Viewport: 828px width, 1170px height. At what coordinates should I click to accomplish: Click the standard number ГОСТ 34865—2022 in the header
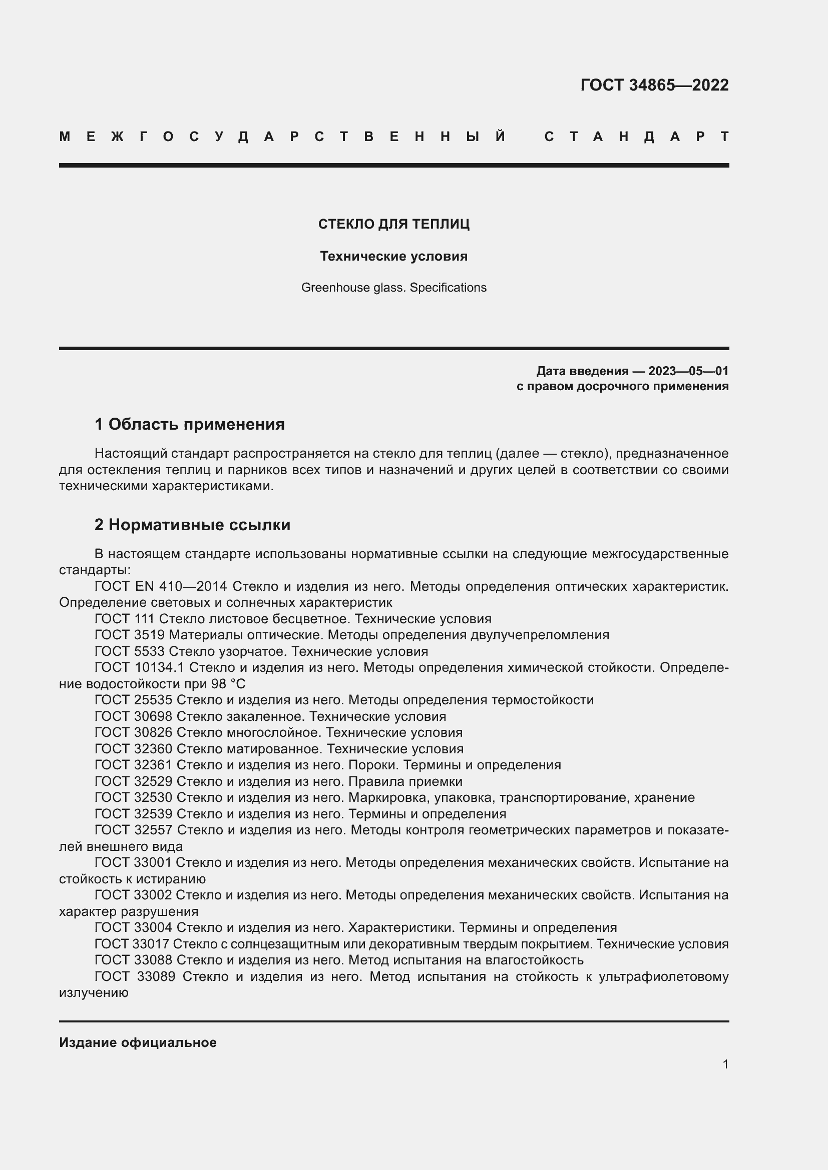(654, 85)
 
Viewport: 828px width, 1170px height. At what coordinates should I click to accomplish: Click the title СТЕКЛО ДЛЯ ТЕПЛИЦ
(393, 224)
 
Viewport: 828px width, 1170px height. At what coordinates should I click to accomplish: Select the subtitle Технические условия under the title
(393, 256)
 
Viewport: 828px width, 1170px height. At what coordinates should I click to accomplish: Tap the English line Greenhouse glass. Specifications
(393, 288)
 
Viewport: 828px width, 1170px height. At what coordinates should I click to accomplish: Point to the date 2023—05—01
(688, 371)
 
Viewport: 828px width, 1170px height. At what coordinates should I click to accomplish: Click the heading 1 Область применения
(190, 424)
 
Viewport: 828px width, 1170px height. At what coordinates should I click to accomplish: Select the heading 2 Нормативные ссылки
(192, 525)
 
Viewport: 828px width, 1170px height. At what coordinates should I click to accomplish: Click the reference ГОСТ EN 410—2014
(161, 587)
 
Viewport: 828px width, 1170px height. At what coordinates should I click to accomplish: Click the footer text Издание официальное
(138, 1042)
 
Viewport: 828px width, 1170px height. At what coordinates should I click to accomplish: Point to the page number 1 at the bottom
(725, 1064)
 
